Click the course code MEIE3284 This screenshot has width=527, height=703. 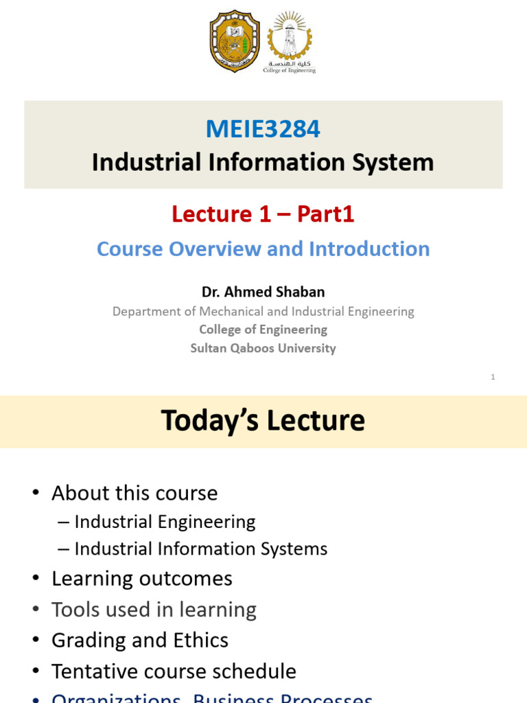pos(263,128)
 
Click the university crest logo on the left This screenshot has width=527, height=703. pos(235,41)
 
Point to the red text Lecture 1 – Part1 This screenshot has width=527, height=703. pos(263,214)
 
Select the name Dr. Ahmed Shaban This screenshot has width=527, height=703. pos(263,292)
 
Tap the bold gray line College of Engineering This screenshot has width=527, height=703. pos(263,330)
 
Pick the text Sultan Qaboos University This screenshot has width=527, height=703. pos(263,348)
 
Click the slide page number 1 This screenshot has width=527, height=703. pos(493,376)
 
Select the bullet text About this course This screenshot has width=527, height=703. pos(134,493)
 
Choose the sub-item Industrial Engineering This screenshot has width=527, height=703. pos(165,522)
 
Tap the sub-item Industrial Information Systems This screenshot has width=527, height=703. pos(200,549)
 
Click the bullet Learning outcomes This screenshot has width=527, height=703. pos(142,579)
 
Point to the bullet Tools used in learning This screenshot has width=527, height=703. pos(154,610)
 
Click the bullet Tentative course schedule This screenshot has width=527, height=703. pos(174,671)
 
